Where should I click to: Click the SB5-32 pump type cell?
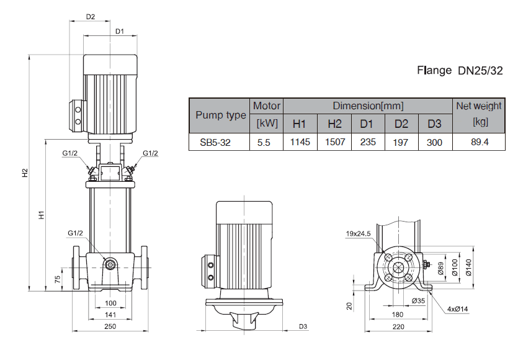[215, 142]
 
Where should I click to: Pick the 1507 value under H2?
[334, 142]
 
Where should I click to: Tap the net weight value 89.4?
[479, 142]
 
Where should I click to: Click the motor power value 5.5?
[264, 142]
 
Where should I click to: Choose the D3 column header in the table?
[434, 124]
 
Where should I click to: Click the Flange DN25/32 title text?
[460, 70]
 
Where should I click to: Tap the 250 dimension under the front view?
[110, 326]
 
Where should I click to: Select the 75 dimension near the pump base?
[58, 279]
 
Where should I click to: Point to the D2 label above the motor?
[91, 17]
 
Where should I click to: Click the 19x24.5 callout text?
[358, 234]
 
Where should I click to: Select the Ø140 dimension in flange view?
[468, 267]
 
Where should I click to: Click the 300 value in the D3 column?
[434, 142]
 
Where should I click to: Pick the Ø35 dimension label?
[418, 301]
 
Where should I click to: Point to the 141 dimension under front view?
[110, 315]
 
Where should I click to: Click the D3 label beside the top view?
[303, 326]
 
